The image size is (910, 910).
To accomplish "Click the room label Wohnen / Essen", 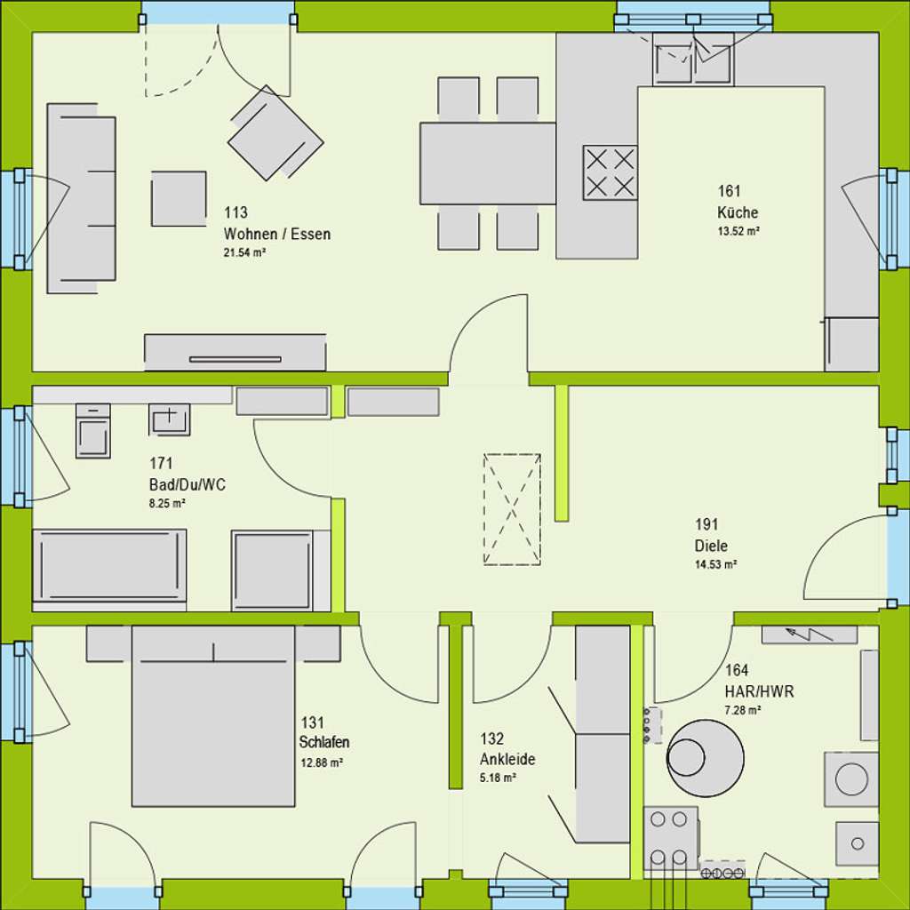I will click(276, 235).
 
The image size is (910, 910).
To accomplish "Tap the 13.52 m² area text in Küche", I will click(738, 231).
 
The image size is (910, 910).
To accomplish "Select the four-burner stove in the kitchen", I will click(610, 172).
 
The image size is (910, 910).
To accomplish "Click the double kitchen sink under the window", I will click(692, 59).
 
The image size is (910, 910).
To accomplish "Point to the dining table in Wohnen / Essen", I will click(487, 163).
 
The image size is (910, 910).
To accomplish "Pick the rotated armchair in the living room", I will click(275, 133).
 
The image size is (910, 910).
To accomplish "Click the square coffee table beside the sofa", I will click(179, 198).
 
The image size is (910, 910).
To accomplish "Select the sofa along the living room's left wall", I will click(81, 198).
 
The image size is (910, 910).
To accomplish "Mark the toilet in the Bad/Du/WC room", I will click(92, 430).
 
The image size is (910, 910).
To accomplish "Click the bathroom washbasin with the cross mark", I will click(169, 418).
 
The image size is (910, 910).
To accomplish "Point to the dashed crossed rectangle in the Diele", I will click(512, 508).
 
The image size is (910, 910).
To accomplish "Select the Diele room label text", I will click(711, 547).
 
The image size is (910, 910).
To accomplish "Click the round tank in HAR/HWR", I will click(706, 757).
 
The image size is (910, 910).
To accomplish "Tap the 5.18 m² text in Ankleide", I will click(498, 778).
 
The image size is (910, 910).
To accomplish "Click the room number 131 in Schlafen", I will click(312, 722).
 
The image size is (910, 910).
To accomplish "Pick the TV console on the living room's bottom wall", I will click(235, 352).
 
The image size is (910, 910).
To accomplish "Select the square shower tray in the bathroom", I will click(273, 571).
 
